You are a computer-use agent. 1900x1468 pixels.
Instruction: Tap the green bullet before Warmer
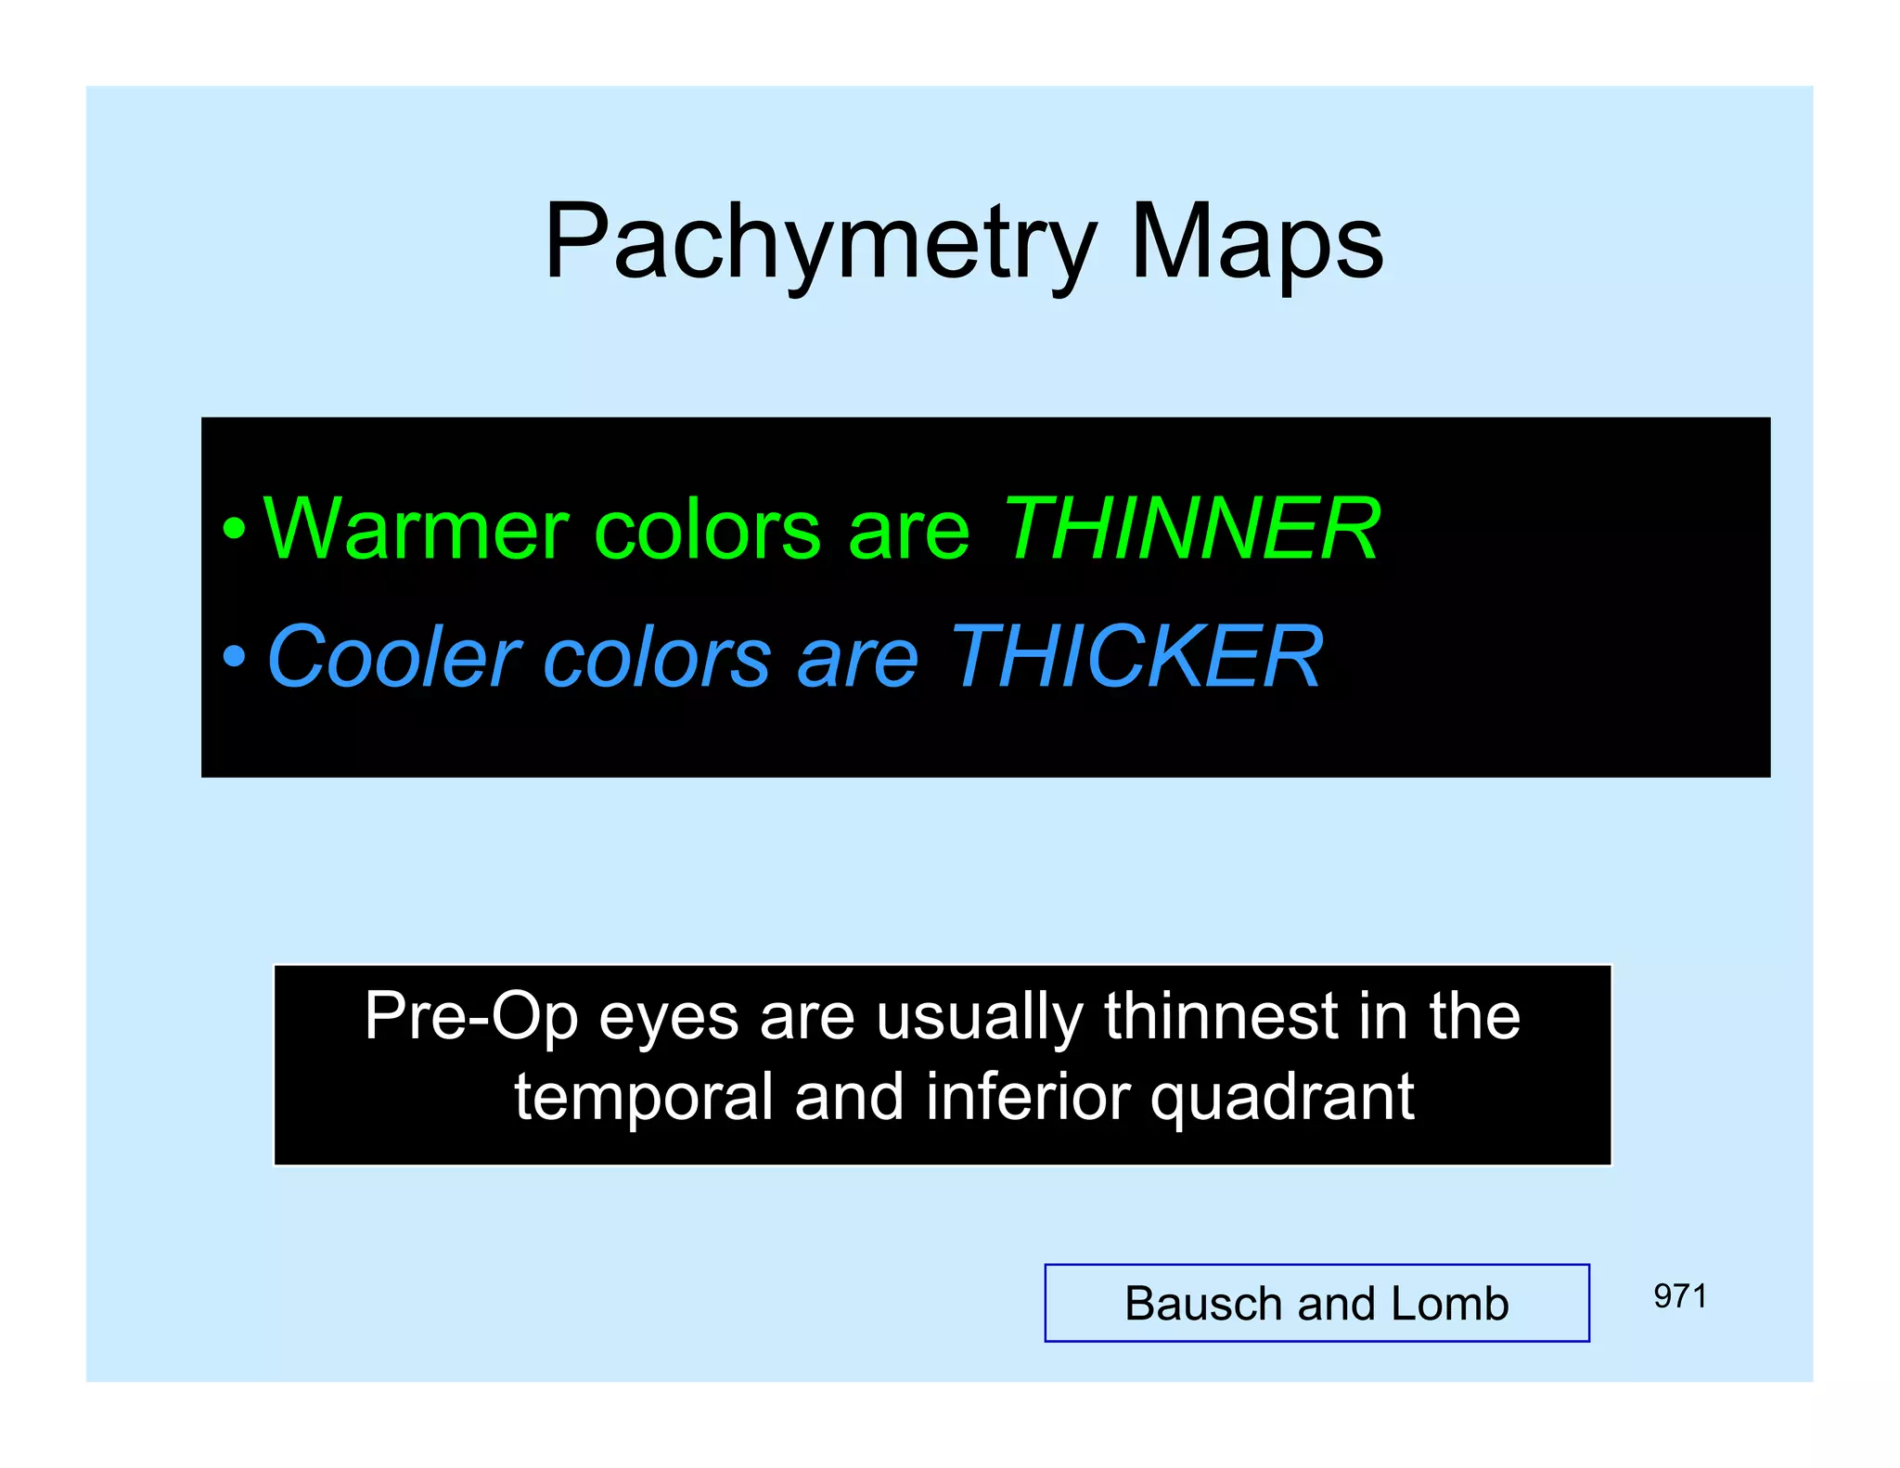tap(235, 530)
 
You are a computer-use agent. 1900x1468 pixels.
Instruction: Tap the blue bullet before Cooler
tap(235, 657)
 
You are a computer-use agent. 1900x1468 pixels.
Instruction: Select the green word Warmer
tap(415, 529)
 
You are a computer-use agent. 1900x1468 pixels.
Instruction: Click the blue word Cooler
tap(393, 657)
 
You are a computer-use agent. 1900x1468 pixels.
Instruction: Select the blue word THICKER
tap(1136, 657)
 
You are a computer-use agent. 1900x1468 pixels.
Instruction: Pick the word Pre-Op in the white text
tap(470, 1017)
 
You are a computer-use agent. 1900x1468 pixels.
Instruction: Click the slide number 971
tap(1679, 1296)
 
